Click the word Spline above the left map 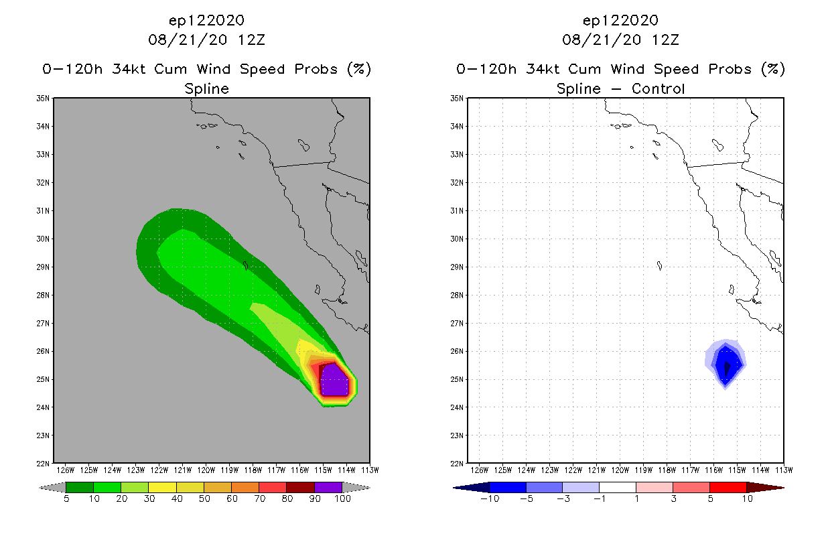point(206,88)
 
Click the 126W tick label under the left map point(66,469)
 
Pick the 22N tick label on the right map point(458,463)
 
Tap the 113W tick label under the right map point(783,469)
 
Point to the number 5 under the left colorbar point(66,499)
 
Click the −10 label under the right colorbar point(489,499)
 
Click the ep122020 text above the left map point(206,20)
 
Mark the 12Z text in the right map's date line point(666,40)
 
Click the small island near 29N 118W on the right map point(660,266)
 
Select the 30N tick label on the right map point(458,239)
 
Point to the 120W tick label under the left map point(206,469)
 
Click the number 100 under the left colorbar point(342,499)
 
